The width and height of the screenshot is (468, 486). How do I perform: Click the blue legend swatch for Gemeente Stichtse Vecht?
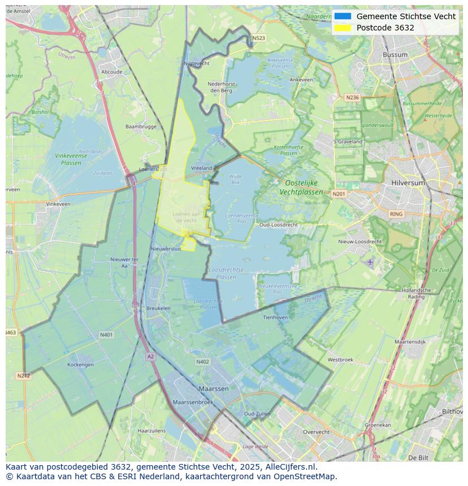pyautogui.click(x=343, y=16)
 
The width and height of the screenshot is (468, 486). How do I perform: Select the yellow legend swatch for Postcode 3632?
pyautogui.click(x=343, y=28)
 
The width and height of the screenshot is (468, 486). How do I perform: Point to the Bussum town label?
pyautogui.click(x=395, y=55)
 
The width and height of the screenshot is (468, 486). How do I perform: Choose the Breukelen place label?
pyautogui.click(x=158, y=308)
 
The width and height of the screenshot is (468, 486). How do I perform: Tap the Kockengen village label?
pyautogui.click(x=81, y=365)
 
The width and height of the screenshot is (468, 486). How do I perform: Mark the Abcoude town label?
pyautogui.click(x=111, y=72)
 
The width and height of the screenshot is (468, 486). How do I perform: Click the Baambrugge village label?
pyautogui.click(x=141, y=127)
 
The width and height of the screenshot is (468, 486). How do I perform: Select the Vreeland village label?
pyautogui.click(x=202, y=168)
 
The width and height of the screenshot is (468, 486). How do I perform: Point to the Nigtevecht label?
pyautogui.click(x=197, y=64)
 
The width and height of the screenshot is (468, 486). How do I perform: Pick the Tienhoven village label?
pyautogui.click(x=275, y=317)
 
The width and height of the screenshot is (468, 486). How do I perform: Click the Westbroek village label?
pyautogui.click(x=340, y=360)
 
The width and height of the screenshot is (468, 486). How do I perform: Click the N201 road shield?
pyautogui.click(x=339, y=194)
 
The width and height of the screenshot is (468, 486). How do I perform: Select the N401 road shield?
pyautogui.click(x=106, y=335)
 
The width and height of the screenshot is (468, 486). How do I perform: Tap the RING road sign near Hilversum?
pyautogui.click(x=396, y=214)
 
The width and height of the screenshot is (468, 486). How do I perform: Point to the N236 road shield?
pyautogui.click(x=352, y=98)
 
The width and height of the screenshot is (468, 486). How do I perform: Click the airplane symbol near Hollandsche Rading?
pyautogui.click(x=370, y=262)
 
